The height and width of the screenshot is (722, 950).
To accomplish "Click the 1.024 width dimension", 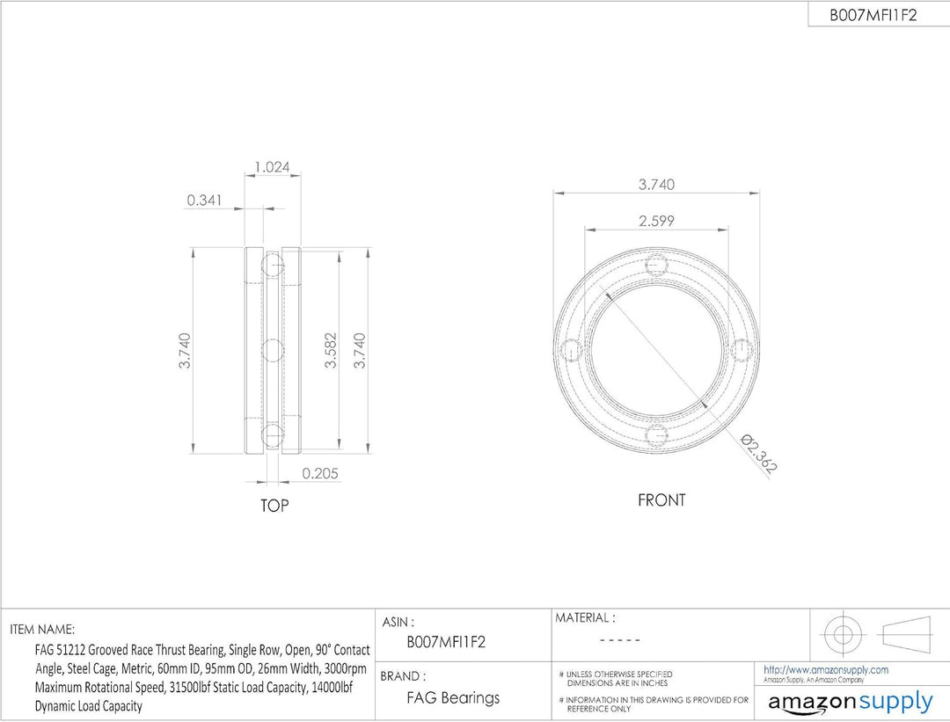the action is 272,166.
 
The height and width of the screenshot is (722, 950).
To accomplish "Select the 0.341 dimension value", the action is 204,200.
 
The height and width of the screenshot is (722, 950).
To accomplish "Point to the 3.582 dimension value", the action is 330,350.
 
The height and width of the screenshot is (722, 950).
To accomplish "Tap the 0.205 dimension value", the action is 320,473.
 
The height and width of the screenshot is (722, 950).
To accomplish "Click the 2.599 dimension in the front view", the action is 656,221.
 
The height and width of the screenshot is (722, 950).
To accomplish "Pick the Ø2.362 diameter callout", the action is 759,453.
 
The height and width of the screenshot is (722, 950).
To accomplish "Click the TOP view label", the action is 274,505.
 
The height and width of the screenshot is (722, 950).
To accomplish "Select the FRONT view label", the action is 661,500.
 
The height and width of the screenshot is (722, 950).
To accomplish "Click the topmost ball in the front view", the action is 657,266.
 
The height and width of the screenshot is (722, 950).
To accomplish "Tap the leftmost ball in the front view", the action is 573,351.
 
